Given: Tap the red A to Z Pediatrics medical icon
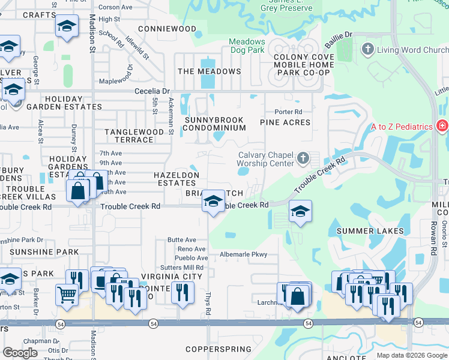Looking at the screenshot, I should (x=442, y=126).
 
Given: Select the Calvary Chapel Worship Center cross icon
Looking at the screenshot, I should (x=303, y=158).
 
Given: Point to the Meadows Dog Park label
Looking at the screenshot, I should (x=247, y=46).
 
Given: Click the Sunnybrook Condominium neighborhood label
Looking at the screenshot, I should (x=215, y=124).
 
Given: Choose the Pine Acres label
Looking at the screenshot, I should (x=285, y=122).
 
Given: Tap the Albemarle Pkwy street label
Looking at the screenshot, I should (x=243, y=254).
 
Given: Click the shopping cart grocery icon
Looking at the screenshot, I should (x=66, y=293).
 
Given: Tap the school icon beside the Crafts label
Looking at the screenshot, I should (x=67, y=26).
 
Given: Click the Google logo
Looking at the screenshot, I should (x=20, y=353).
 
